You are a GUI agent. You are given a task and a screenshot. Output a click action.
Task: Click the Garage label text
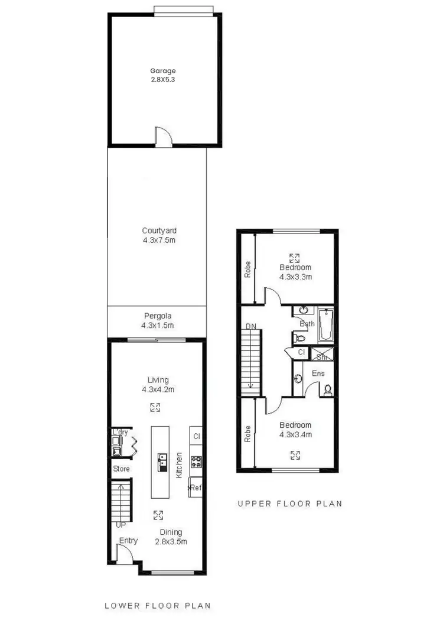click(x=162, y=71)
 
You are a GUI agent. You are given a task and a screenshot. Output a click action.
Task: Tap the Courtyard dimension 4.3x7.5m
click(x=159, y=240)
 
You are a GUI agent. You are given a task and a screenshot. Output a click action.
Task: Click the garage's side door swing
click(x=162, y=136)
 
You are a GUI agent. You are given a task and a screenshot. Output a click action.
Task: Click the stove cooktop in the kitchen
click(x=196, y=462)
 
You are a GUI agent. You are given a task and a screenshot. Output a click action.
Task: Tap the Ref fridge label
click(x=195, y=488)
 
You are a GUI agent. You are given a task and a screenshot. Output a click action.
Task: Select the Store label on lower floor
click(x=121, y=469)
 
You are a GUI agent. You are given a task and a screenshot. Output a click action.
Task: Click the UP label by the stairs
click(x=121, y=524)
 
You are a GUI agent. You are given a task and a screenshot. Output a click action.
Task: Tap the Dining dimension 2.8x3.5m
click(x=171, y=541)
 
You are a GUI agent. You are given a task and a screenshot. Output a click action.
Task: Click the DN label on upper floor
click(x=251, y=326)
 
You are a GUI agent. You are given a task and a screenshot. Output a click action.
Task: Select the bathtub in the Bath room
click(x=326, y=325)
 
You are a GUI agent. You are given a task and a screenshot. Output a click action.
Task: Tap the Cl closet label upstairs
click(x=301, y=352)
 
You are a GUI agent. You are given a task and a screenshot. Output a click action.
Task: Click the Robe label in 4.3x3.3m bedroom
click(x=247, y=269)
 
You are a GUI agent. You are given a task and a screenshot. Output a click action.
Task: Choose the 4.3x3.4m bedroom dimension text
click(x=295, y=434)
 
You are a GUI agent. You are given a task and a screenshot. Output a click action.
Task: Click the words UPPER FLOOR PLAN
click(x=289, y=504)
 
